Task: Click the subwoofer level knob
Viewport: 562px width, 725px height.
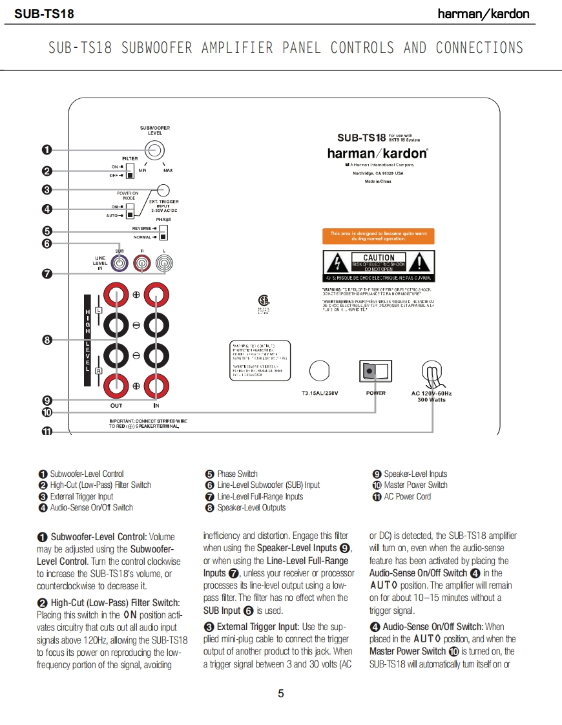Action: coord(153,150)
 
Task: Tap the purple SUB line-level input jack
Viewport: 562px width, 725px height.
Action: coord(119,263)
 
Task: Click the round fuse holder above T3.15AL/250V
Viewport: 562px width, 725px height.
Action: coord(320,371)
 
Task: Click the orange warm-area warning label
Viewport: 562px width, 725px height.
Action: coord(378,236)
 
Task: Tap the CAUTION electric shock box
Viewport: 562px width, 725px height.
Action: coord(378,265)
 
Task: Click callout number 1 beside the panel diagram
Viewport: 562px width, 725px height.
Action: coord(47,150)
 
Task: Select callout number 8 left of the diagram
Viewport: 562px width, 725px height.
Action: coord(47,340)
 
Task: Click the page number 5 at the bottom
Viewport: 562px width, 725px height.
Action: coord(281,694)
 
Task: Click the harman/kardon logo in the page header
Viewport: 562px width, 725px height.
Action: coord(483,14)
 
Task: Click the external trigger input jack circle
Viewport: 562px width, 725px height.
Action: coord(163,190)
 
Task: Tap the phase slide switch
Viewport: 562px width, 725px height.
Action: coord(163,232)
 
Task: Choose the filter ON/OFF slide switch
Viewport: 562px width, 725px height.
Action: coord(130,171)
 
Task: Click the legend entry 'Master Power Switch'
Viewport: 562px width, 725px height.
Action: coord(415,485)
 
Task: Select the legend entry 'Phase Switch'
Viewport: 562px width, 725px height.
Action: coord(237,474)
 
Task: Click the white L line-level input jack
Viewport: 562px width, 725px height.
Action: coord(164,263)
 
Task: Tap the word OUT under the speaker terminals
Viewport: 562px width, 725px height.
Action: coord(116,405)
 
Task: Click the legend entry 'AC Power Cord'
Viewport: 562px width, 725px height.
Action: coord(407,496)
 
